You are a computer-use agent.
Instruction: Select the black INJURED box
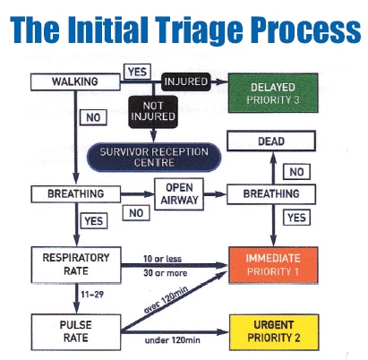click(x=185, y=82)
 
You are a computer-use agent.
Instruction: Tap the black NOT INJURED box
click(x=153, y=116)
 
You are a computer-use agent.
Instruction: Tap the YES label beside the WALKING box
click(x=137, y=70)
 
